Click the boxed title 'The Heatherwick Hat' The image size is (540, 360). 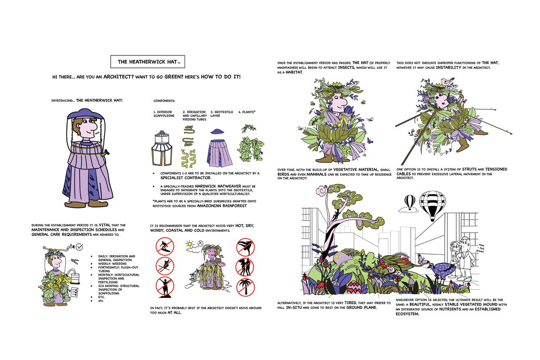pos(148,62)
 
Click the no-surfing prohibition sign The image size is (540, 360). pos(164,247)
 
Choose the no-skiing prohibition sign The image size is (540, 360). pos(164,267)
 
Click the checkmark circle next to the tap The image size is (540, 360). pos(79,247)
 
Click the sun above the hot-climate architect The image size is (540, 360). pos(190,243)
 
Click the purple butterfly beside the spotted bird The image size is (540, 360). pos(422,259)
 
